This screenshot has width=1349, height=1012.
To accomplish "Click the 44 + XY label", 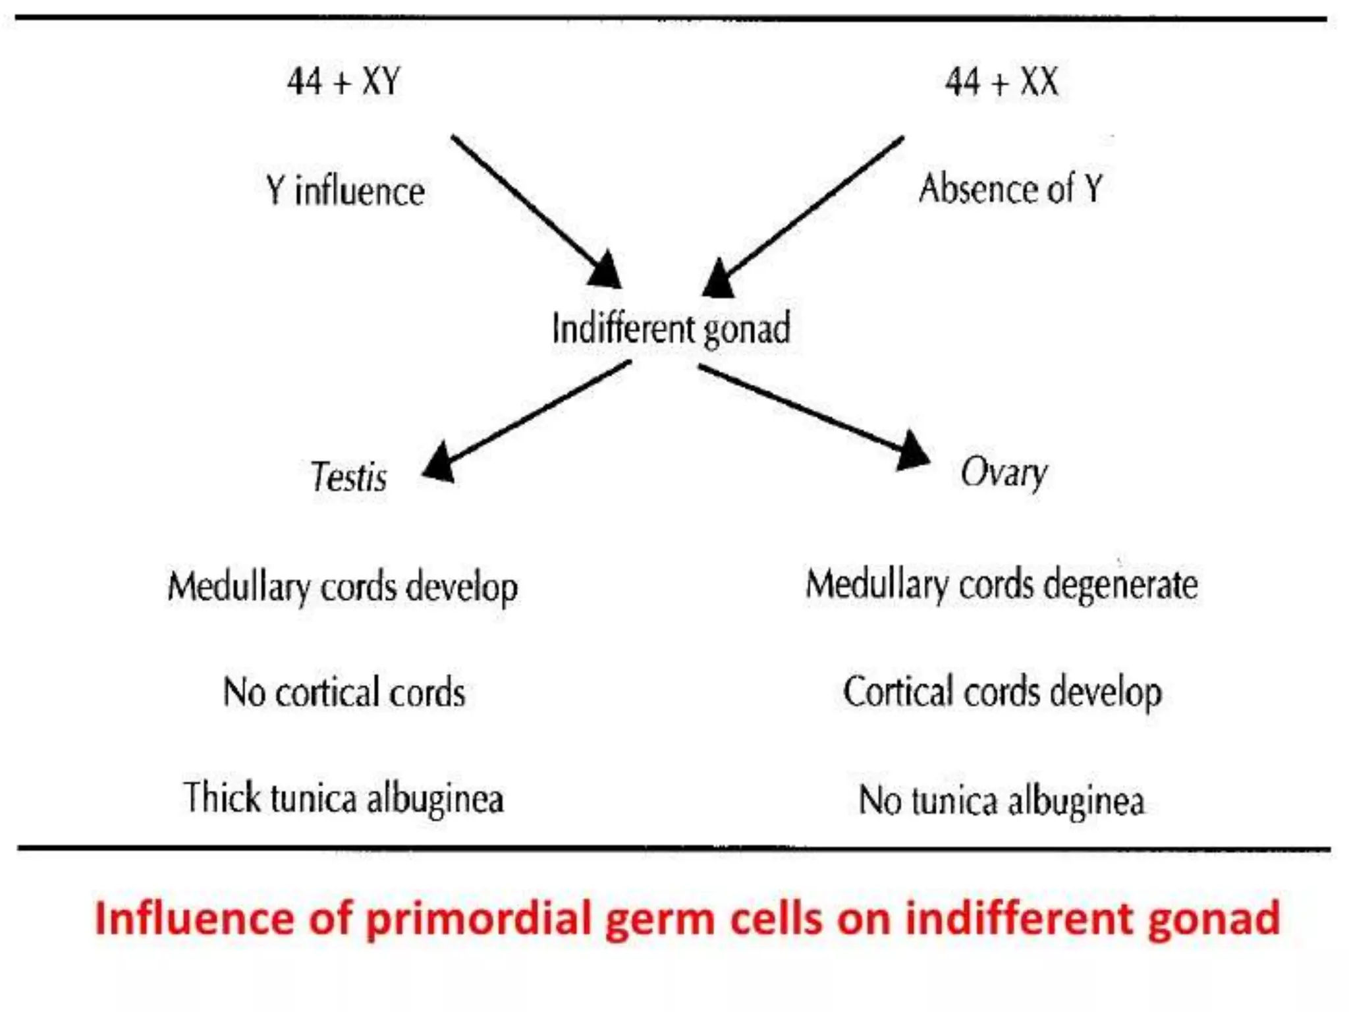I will point(343,82).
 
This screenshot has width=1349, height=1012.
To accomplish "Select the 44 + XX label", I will point(1001,82).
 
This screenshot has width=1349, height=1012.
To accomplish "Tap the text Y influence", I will point(345,191).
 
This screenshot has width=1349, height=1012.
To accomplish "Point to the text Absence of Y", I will point(1010,188).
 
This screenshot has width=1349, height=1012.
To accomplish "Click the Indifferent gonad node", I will point(671,328).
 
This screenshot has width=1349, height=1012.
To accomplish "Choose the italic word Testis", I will point(348,476).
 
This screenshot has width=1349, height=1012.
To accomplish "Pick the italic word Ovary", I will point(1003,472).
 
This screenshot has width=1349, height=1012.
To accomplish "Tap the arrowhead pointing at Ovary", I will point(912,451).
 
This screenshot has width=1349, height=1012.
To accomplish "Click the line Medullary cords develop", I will point(343,586).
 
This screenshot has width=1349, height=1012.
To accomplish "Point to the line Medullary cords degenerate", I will point(1001,584).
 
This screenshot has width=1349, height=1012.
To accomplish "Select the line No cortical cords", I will point(344,692).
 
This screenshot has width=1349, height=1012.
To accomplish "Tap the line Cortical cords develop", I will point(1002,692).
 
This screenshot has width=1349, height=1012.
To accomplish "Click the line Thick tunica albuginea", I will point(343,798).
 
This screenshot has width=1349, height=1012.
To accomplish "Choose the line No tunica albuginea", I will point(1001,801).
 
